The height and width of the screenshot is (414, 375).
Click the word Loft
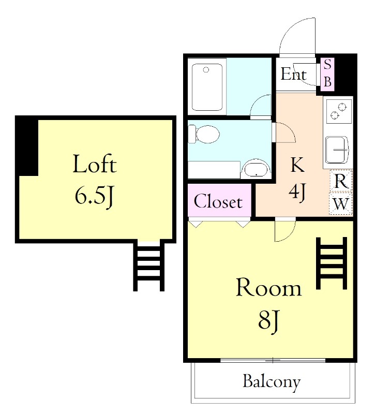tap(95, 164)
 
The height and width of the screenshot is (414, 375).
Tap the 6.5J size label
tap(95, 197)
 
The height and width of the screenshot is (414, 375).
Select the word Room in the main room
tap(268, 287)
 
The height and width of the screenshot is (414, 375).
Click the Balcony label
tap(272, 381)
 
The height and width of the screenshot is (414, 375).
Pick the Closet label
tap(218, 201)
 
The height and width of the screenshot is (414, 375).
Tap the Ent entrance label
tap(293, 73)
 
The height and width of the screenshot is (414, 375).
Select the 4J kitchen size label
tap(297, 192)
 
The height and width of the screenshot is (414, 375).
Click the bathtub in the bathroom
tap(207, 87)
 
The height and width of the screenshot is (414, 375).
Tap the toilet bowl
tap(204, 134)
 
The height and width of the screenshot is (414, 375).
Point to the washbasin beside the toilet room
tap(256, 169)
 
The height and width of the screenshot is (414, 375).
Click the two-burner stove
tap(339, 111)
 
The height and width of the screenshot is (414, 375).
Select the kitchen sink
tap(337, 150)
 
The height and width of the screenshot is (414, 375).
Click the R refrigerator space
tap(341, 182)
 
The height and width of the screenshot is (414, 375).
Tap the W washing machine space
tap(341, 203)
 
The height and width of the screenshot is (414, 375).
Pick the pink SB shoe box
tap(327, 74)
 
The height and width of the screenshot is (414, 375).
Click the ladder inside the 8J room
tap(332, 263)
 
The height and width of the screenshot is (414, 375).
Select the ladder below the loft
tap(149, 265)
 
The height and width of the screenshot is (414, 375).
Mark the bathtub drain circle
tap(206, 70)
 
